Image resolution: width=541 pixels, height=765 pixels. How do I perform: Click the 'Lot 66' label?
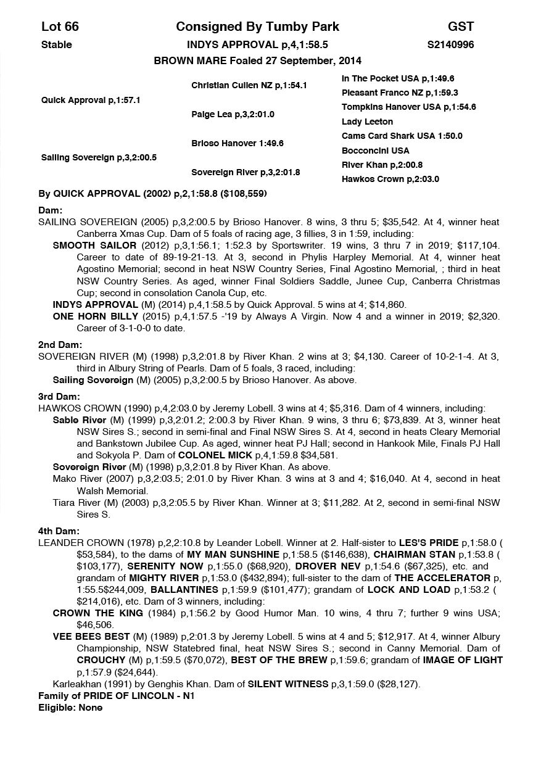tap(60, 27)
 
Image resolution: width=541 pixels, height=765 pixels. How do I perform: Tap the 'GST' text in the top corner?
tap(461, 27)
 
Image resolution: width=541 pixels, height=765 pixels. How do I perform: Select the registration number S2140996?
tap(450, 44)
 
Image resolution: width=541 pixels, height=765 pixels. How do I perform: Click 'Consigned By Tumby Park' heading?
tap(257, 27)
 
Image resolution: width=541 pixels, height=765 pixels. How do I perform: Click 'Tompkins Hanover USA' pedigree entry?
tap(408, 107)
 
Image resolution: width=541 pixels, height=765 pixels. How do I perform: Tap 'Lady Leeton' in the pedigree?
tap(367, 122)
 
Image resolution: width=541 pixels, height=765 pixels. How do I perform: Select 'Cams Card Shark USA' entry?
tap(402, 136)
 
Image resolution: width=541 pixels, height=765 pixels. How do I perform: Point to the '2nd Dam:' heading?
tap(60, 345)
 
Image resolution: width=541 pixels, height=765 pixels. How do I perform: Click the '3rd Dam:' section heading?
tap(59, 397)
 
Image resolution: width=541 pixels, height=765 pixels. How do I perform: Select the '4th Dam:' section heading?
tap(59, 531)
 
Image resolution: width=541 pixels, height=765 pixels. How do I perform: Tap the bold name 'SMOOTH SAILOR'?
tap(94, 245)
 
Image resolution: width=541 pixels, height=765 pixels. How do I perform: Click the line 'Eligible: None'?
tap(70, 707)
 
